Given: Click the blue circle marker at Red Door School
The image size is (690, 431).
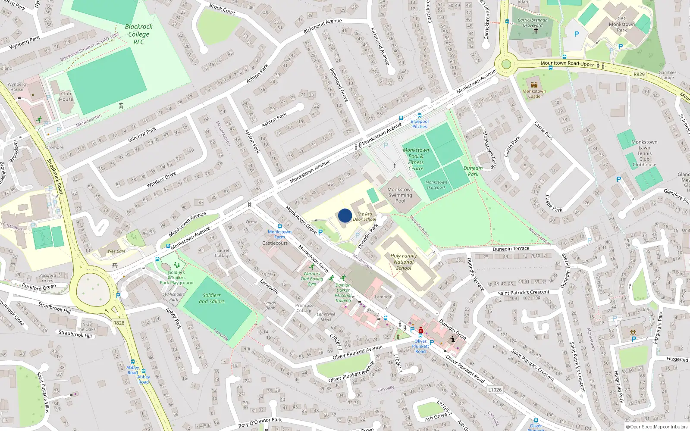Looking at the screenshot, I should [x=345, y=215].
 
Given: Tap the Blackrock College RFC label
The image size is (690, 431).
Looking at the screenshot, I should [x=138, y=34].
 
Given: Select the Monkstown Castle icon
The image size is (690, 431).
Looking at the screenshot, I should [x=534, y=85].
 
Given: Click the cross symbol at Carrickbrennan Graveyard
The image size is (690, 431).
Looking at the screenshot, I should [x=536, y=31].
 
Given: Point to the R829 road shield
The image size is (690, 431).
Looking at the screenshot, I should [x=639, y=75].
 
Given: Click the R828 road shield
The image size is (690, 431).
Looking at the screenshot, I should [x=119, y=323].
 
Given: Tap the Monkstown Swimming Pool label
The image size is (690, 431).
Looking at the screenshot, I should [x=400, y=195].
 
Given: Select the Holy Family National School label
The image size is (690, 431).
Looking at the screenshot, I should [x=404, y=262].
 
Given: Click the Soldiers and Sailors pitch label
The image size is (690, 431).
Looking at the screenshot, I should [x=211, y=298].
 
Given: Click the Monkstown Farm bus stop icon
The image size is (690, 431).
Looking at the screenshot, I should [x=279, y=226].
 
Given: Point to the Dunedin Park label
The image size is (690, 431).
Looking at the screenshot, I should [x=473, y=171].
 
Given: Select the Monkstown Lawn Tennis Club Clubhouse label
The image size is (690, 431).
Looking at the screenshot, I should [x=644, y=153].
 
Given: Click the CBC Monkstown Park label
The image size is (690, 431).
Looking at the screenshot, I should [x=621, y=24].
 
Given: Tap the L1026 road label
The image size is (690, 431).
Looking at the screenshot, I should [x=495, y=390].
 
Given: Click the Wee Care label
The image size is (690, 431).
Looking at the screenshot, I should [x=116, y=251].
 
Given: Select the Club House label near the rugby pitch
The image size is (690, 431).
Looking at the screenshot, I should [x=66, y=96].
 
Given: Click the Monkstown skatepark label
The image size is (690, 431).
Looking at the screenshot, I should [x=436, y=184].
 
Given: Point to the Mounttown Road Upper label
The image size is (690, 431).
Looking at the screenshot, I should [x=567, y=63].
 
